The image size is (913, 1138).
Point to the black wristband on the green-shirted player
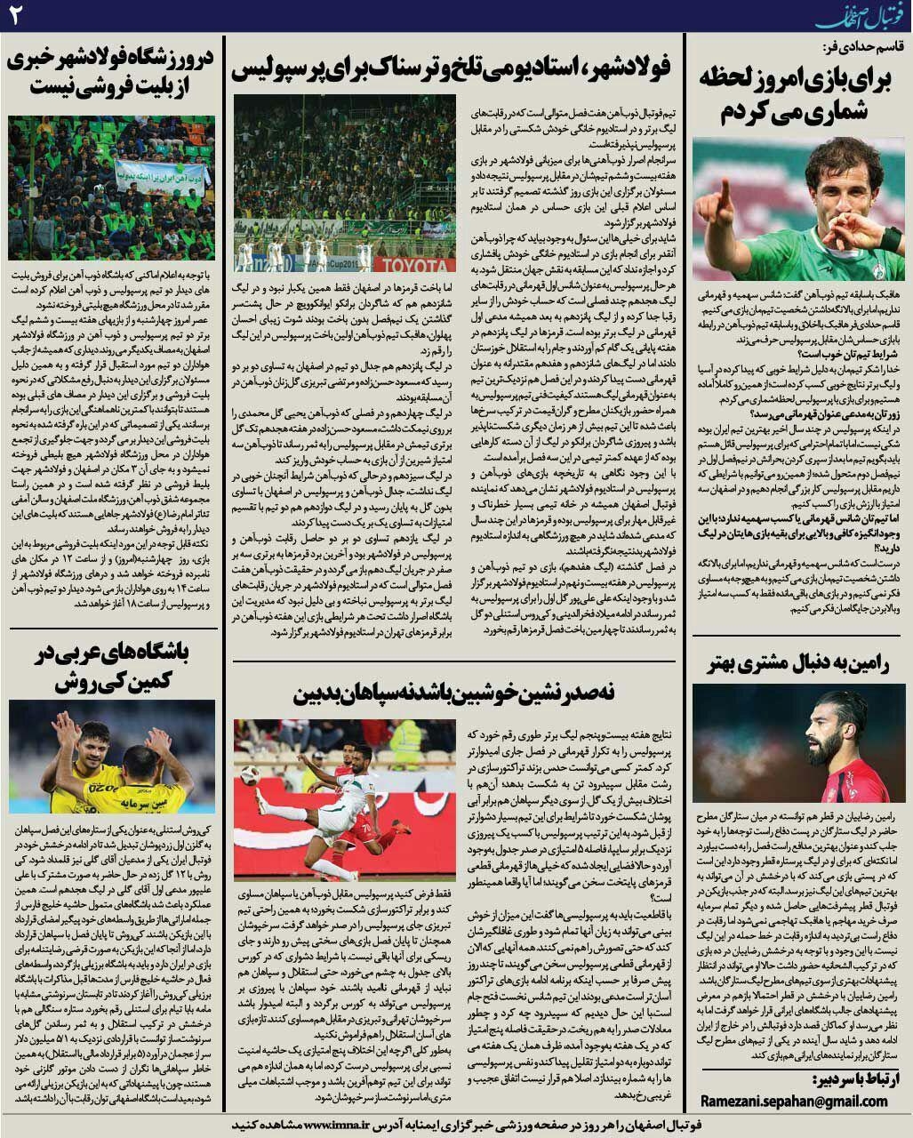pyautogui.click(x=889, y=237)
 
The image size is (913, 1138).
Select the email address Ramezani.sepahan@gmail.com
pyautogui.click(x=794, y=1101)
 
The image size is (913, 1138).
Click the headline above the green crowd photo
pyautogui.click(x=111, y=75)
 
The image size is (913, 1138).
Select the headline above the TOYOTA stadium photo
pyautogui.click(x=452, y=67)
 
